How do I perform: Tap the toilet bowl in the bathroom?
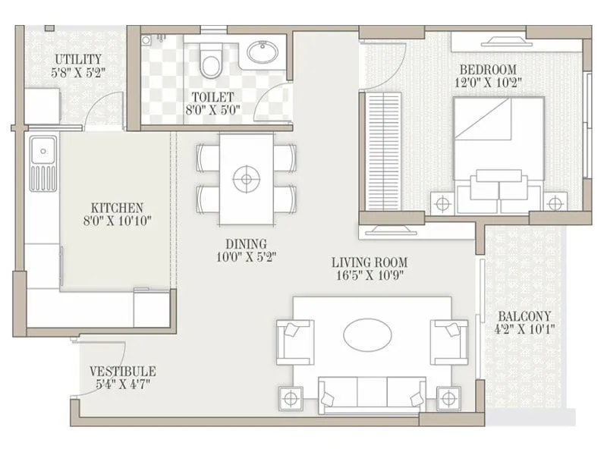[212, 61]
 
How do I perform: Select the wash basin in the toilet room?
[262, 53]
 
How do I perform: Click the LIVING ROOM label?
[366, 262]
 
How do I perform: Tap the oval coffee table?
[370, 334]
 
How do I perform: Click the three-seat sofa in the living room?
[372, 395]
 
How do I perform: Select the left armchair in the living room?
[294, 341]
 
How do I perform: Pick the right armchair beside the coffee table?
[449, 341]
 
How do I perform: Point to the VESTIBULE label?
[122, 371]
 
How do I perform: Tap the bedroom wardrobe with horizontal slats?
[383, 152]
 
